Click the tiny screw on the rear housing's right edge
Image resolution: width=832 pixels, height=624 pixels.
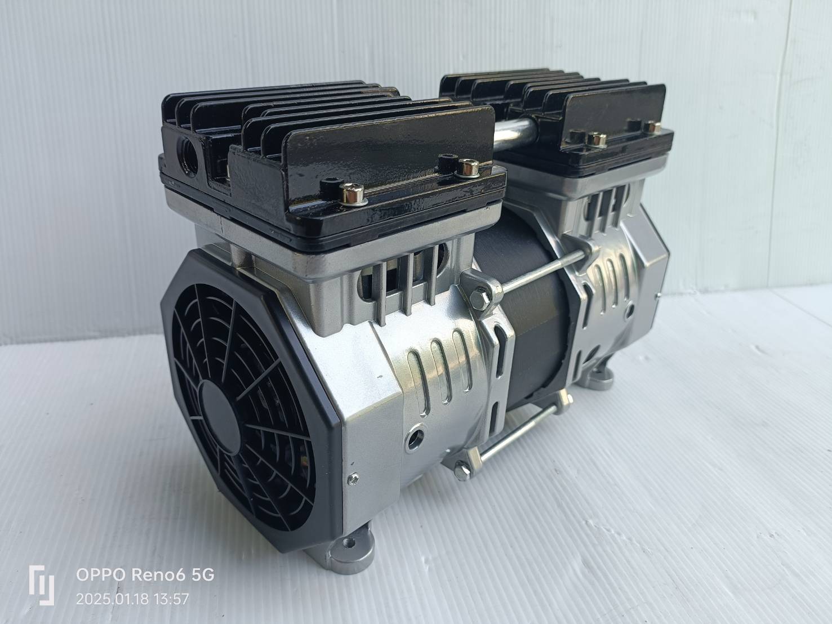tap(657, 294)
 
